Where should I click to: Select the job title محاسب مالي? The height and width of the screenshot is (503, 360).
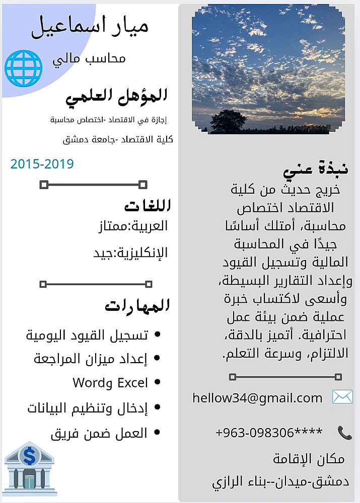click(89, 58)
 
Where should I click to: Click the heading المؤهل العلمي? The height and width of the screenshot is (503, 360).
click(116, 95)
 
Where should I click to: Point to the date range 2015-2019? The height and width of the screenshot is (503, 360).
click(42, 164)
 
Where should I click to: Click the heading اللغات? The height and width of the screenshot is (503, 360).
click(147, 206)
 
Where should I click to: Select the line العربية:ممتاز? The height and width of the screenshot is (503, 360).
click(132, 226)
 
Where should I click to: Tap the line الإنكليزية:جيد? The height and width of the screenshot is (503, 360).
click(130, 253)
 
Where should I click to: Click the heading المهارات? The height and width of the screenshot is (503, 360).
click(137, 305)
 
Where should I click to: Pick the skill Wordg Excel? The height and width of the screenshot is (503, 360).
click(110, 383)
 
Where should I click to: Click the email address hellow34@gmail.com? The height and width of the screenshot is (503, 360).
click(257, 398)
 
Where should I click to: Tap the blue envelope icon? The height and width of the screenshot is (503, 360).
click(342, 397)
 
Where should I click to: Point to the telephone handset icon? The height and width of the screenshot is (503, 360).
click(344, 432)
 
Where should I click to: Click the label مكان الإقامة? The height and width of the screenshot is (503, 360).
click(309, 459)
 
